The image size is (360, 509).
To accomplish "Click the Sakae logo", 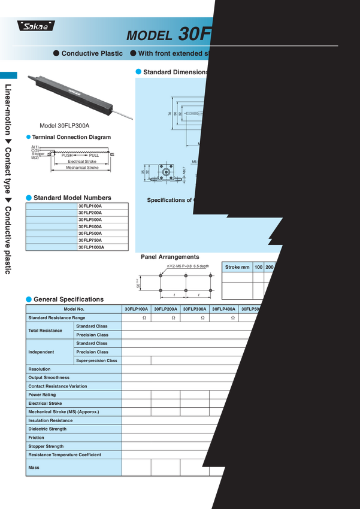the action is point(35,26).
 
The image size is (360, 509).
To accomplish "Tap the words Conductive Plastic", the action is point(89,53).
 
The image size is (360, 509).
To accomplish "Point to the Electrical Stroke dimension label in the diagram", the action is point(82,161).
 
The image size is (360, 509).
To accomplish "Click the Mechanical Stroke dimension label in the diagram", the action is point(82,168).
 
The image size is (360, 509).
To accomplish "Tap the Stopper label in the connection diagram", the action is point(38,154).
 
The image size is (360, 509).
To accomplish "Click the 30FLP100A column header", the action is point(137,309).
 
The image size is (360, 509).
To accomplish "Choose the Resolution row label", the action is point(40,369).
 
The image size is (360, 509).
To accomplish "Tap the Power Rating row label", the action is point(42,395).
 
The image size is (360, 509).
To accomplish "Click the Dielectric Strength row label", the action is point(47,429).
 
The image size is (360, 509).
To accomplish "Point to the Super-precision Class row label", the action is point(96,360).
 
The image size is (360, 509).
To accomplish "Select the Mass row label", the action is point(34,467).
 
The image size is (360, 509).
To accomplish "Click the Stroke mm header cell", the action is point(237,267).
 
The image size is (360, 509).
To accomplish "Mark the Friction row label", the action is point(36,438).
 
